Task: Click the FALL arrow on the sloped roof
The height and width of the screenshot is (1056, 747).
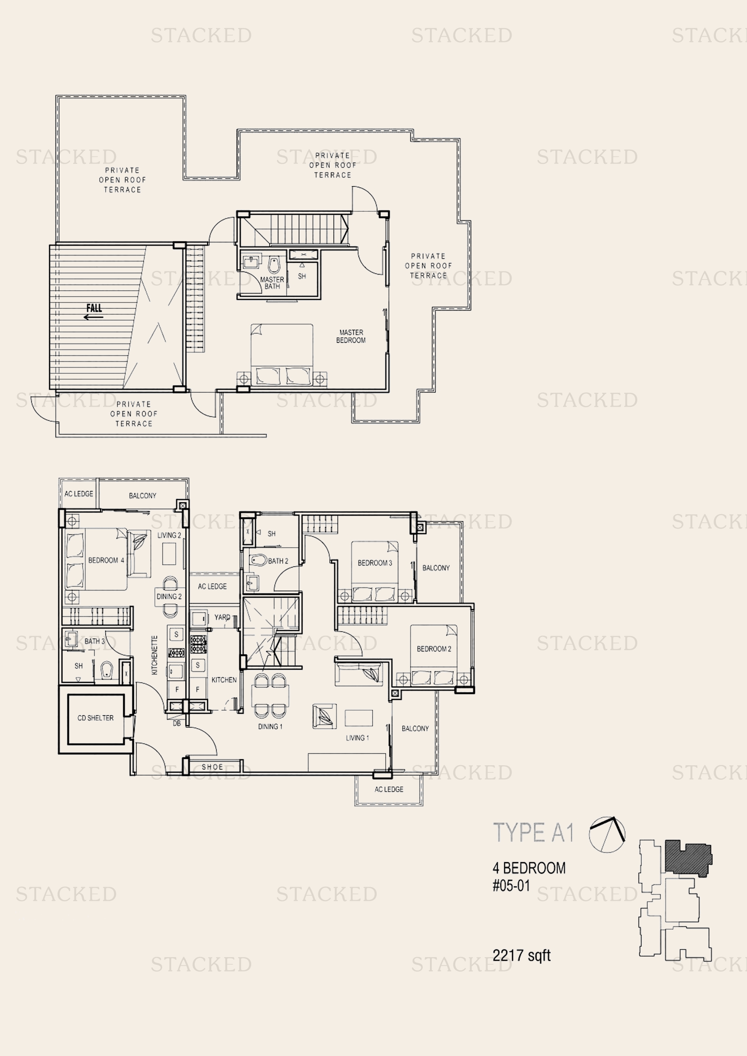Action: click(94, 317)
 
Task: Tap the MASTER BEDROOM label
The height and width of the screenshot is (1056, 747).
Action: click(351, 336)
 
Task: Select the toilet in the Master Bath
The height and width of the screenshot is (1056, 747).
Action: click(274, 265)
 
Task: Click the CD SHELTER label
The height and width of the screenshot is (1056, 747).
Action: click(95, 717)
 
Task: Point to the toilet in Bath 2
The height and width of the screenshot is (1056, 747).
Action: click(258, 560)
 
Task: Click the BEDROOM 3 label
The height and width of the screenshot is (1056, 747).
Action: click(374, 563)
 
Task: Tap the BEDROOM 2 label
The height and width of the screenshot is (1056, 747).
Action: click(433, 649)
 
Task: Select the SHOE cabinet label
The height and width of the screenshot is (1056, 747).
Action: click(212, 767)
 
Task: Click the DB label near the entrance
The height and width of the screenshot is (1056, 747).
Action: click(177, 723)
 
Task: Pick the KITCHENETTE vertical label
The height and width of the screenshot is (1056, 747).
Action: click(154, 655)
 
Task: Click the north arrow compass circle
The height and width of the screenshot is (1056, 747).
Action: click(607, 835)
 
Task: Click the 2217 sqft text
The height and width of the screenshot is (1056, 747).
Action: click(521, 955)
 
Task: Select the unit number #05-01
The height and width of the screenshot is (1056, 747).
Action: click(511, 885)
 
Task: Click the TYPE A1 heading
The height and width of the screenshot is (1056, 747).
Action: click(533, 833)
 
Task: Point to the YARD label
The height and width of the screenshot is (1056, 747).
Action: click(222, 617)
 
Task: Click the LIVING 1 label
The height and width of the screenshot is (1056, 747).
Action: click(357, 738)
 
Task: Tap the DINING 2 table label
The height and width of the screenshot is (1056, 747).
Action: click(169, 596)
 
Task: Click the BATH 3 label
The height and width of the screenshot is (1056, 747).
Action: click(94, 641)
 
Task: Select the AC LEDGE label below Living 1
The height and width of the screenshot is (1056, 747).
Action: click(389, 789)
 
